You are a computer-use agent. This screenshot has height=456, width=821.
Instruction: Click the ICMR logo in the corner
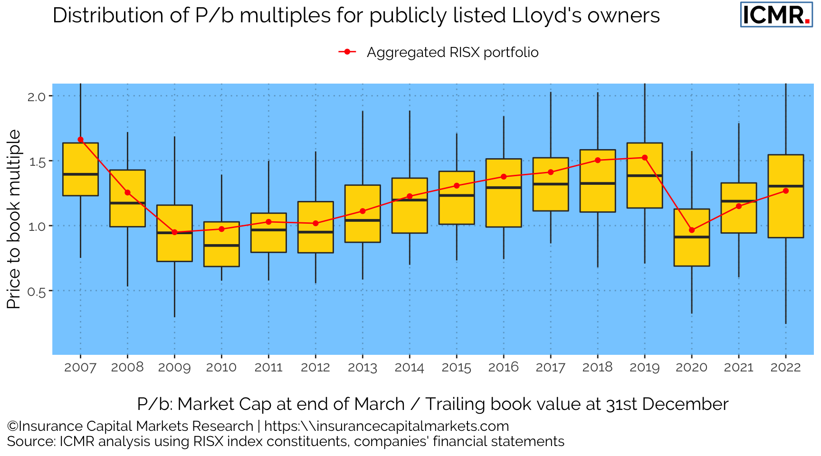click(776, 15)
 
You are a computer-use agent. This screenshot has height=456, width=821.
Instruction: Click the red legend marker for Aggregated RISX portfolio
click(347, 52)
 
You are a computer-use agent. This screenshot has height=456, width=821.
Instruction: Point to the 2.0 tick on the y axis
click(37, 97)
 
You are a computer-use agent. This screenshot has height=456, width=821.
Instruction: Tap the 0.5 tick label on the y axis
click(37, 292)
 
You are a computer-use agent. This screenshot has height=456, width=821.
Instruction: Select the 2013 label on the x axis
click(363, 368)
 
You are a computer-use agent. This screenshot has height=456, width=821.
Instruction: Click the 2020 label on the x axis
click(691, 368)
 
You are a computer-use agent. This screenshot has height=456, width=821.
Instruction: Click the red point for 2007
click(80, 140)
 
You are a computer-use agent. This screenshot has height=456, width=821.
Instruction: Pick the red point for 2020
click(691, 230)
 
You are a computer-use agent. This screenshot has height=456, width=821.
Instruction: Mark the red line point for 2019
click(645, 158)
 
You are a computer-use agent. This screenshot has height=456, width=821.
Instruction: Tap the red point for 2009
click(174, 232)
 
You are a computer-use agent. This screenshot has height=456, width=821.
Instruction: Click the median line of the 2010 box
click(221, 246)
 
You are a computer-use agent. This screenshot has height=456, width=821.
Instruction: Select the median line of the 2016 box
click(504, 188)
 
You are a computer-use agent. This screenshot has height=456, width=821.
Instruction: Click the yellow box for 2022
click(785, 214)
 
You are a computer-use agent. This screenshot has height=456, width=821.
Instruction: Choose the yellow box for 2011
click(268, 241)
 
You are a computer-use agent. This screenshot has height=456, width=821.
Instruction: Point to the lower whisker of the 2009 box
click(174, 290)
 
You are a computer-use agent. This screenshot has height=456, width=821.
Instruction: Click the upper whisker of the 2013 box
click(363, 147)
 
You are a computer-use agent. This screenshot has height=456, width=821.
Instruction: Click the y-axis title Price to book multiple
click(14, 219)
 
